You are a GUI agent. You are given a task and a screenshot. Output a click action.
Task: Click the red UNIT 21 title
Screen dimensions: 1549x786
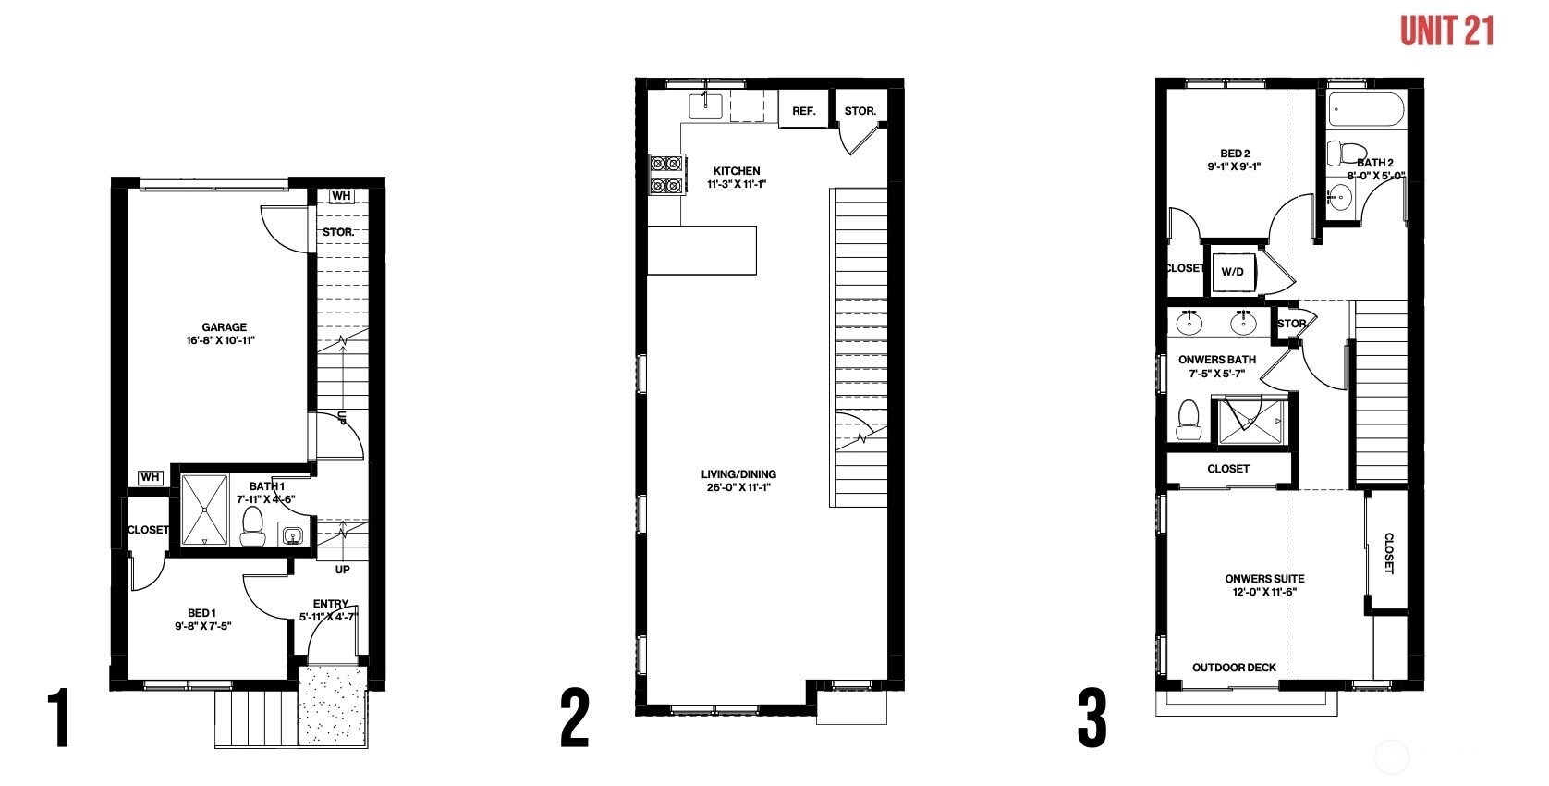1446,31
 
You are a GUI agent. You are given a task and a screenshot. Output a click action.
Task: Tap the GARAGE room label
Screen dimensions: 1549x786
224,327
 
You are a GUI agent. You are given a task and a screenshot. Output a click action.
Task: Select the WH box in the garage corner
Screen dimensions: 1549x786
150,477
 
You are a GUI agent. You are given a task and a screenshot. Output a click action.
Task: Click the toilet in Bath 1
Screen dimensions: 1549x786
252,527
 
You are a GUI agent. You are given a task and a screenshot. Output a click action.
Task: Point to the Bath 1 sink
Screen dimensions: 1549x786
292,534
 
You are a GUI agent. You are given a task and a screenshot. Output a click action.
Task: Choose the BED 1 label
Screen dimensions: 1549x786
201,613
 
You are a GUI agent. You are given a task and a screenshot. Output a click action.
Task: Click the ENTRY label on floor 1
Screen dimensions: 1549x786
331,604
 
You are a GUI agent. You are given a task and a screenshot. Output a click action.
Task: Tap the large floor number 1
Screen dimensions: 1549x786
60,718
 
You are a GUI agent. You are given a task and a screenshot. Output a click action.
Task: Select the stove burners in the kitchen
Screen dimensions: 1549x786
666,175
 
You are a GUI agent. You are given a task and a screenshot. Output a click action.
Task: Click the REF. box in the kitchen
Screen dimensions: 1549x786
803,110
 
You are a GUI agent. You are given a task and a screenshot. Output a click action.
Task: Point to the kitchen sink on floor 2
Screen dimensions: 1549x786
705,105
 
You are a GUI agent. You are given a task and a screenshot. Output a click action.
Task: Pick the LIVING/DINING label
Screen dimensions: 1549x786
738,474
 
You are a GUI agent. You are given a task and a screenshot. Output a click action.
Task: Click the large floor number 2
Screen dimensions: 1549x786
575,718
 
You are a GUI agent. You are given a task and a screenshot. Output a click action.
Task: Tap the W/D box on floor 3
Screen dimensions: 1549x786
1232,271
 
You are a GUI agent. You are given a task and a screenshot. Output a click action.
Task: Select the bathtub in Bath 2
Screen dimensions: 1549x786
1366,109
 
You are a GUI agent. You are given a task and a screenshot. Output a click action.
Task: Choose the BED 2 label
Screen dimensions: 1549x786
1235,154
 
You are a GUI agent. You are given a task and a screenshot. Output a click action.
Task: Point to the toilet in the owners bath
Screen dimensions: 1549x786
1189,420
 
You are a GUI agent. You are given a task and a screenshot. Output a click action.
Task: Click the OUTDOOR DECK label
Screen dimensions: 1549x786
1235,668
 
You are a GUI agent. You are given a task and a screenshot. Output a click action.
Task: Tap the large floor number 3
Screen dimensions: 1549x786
1092,718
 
